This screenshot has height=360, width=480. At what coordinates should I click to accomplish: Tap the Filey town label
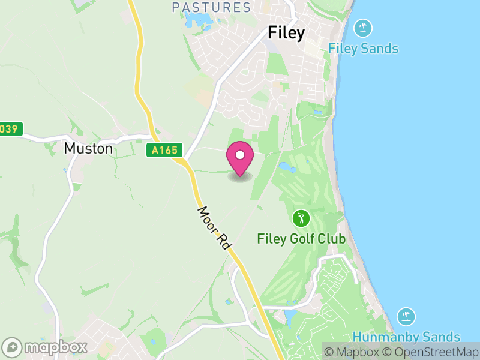pos(286,32)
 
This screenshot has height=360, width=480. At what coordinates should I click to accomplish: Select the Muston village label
pos(88,148)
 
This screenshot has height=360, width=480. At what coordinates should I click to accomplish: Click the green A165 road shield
pos(165,150)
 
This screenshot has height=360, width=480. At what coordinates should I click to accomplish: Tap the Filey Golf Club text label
pos(301,239)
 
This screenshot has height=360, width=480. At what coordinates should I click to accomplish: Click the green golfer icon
pos(301,218)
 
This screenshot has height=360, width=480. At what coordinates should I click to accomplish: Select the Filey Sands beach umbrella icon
pos(362,28)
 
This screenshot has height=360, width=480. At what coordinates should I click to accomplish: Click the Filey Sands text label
pos(363,49)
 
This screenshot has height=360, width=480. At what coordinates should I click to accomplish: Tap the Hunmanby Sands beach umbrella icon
pos(406,317)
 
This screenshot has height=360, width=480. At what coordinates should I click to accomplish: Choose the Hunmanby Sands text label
pos(406,337)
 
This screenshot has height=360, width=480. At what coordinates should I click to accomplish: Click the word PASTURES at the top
pos(211,7)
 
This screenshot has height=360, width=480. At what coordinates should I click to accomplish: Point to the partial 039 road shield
pos(11,128)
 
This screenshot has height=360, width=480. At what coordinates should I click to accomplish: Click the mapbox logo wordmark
pos(55,347)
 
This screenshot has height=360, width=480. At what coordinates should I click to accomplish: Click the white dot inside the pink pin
pos(240,155)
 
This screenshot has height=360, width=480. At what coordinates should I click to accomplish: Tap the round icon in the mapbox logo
pos(13,347)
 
